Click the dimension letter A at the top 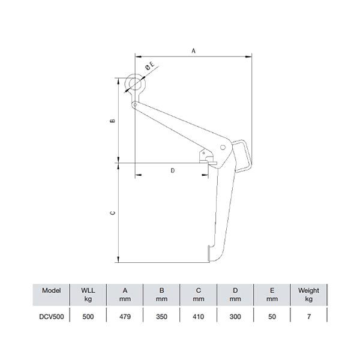click(193, 52)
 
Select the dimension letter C click(112, 212)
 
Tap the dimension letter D click(173, 170)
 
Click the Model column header click(52, 290)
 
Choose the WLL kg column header click(88, 294)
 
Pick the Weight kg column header click(308, 294)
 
